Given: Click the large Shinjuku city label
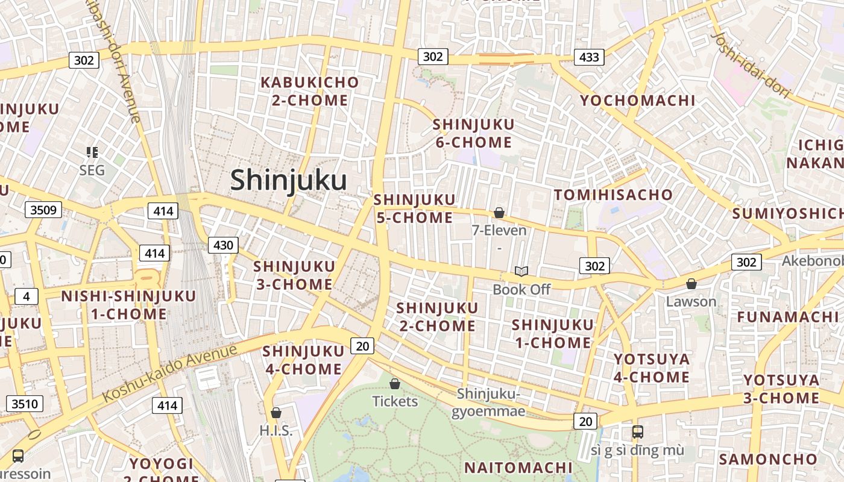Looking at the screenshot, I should pyautogui.click(x=288, y=180).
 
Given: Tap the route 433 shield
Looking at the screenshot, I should pyautogui.click(x=589, y=57).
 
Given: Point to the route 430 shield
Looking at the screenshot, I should pyautogui.click(x=223, y=245).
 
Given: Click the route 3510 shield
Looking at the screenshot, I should pyautogui.click(x=25, y=404).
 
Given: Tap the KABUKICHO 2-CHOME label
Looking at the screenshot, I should pyautogui.click(x=309, y=91).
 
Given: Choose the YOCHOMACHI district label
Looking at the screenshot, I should pyautogui.click(x=638, y=101).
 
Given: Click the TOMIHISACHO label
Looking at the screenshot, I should pyautogui.click(x=613, y=195).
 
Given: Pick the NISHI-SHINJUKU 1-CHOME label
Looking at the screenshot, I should pyautogui.click(x=128, y=305).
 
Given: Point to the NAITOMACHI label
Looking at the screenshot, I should pyautogui.click(x=518, y=468).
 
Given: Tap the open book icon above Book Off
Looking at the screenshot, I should pyautogui.click(x=521, y=272).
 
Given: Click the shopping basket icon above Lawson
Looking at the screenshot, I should pyautogui.click(x=691, y=284).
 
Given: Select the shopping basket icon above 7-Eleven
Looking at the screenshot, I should pyautogui.click(x=499, y=213).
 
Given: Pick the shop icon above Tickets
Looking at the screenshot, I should pyautogui.click(x=395, y=384).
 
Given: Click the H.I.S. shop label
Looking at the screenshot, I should pyautogui.click(x=276, y=430).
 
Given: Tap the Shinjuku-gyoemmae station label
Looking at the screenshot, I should pyautogui.click(x=489, y=402).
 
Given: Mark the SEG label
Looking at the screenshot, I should pyautogui.click(x=92, y=171).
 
